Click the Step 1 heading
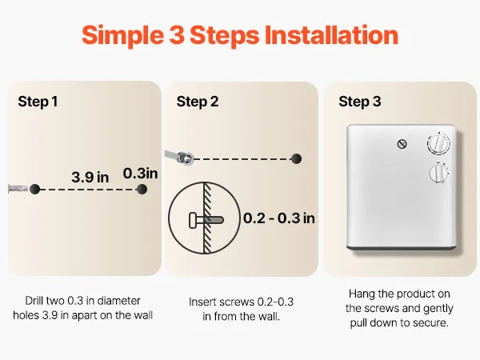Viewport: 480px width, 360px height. (38, 102)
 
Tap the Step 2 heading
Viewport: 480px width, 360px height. (198, 102)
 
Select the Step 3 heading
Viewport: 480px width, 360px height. (360, 102)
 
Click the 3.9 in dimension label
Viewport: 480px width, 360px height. (90, 178)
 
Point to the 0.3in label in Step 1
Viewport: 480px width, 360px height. (140, 174)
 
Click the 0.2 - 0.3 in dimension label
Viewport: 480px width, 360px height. (279, 218)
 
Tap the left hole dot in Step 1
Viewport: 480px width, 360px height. (35, 189)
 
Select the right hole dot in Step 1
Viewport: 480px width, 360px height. (142, 189)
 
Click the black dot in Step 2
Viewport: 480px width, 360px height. (296, 158)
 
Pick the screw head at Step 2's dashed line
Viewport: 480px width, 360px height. (186, 158)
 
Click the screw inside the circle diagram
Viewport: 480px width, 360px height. (206, 220)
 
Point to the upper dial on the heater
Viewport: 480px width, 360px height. (438, 143)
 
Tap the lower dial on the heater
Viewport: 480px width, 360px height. (439, 173)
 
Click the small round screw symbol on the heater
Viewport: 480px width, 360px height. (402, 144)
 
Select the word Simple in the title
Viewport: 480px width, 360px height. (122, 36)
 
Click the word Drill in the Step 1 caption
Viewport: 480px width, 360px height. (34, 301)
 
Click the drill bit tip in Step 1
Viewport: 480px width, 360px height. (27, 189)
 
